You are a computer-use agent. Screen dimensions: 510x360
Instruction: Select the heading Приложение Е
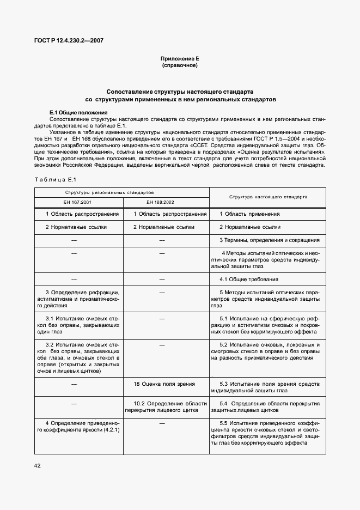coord(180,58)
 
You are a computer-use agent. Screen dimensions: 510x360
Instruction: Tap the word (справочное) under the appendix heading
coord(180,65)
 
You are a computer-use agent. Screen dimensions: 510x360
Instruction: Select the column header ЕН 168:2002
coord(166,202)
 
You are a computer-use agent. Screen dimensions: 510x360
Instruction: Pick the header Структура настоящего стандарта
coord(267,197)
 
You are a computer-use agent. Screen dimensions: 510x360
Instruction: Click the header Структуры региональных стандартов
coord(109,192)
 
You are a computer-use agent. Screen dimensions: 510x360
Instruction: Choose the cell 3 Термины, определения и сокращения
coord(269,240)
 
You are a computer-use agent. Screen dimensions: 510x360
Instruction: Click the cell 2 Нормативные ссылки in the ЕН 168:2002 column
coord(163,227)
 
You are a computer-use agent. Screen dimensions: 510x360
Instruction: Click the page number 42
coord(38,465)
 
